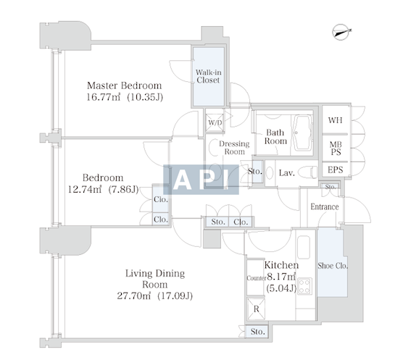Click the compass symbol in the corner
click(341, 32)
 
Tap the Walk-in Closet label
click(208, 76)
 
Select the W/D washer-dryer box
click(215, 122)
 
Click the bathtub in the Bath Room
click(302, 133)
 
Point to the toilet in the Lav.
click(308, 172)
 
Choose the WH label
click(335, 120)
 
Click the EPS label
click(335, 169)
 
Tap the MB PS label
click(336, 148)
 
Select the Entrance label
click(324, 206)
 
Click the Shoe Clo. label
click(333, 266)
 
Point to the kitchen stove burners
click(304, 286)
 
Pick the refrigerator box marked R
click(256, 309)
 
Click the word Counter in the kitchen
click(257, 278)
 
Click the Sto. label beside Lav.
click(255, 171)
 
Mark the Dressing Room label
click(234, 147)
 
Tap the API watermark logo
click(201, 180)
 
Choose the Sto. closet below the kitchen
click(257, 332)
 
